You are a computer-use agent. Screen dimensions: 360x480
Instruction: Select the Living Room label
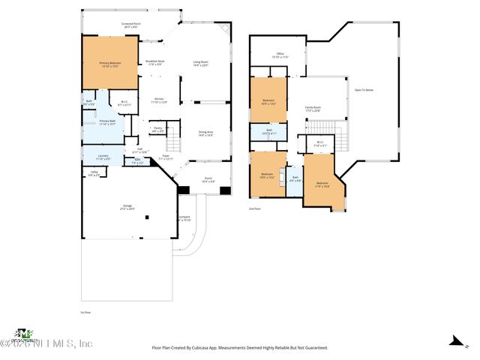click(200, 63)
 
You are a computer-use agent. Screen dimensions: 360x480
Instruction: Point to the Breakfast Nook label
click(154, 62)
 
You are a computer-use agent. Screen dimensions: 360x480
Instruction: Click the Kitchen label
click(159, 100)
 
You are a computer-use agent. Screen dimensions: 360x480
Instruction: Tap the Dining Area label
click(205, 133)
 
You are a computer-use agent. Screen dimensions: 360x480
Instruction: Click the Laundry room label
click(103, 157)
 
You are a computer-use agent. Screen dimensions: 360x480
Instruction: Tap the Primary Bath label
click(107, 121)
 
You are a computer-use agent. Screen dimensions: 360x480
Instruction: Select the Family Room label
click(312, 109)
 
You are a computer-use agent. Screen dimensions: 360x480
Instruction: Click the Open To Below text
click(364, 90)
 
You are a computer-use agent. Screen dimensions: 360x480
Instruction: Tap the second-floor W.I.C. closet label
click(319, 143)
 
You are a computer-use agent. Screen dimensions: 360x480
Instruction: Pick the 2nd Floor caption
click(256, 209)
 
